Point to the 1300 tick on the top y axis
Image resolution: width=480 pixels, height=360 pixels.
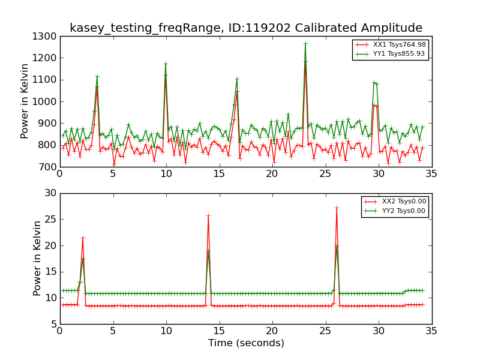click(46, 37)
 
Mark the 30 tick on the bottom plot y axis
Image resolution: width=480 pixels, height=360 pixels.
click(51, 193)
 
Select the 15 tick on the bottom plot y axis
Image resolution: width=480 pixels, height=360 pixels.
click(51, 272)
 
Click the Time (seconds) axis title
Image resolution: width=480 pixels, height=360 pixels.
click(246, 343)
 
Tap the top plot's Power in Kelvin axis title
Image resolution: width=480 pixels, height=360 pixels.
click(25, 101)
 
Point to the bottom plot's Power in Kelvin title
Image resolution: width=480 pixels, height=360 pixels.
click(37, 258)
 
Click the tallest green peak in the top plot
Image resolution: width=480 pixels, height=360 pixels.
click(305, 43)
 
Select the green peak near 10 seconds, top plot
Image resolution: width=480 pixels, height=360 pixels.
click(166, 63)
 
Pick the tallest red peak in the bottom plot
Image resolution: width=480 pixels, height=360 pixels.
click(337, 208)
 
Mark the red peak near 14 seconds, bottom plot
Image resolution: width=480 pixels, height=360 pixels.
click(208, 215)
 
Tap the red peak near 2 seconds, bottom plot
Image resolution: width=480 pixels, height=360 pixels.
click(83, 238)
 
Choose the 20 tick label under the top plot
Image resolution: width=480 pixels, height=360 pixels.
click(272, 175)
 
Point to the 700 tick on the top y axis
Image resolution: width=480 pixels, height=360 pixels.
click(49, 167)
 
